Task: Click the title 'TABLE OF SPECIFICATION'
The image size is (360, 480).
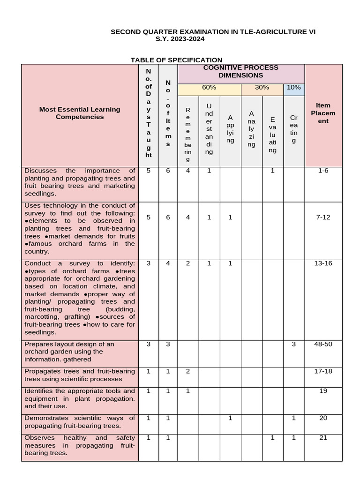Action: click(176, 60)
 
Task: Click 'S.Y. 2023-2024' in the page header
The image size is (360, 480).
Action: click(180, 39)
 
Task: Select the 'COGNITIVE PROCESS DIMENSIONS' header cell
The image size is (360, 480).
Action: click(240, 71)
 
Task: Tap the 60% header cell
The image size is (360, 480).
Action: click(209, 88)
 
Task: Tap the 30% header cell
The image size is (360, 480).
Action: click(262, 88)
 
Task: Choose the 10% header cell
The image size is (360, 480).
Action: click(294, 88)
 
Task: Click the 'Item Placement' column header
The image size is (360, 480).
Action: click(323, 113)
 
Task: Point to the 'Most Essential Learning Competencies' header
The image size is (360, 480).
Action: click(80, 113)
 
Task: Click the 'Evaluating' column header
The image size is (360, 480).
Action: click(273, 135)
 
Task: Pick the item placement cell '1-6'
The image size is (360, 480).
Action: click(323, 171)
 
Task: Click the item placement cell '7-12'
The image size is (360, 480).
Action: click(323, 217)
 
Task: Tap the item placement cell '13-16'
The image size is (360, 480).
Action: click(323, 263)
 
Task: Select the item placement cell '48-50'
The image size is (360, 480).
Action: click(323, 344)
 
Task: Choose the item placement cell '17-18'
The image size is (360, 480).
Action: click(323, 371)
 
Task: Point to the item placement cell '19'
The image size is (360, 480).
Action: click(323, 391)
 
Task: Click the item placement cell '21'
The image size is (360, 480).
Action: click(323, 438)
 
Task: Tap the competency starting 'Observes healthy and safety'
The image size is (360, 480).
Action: click(80, 445)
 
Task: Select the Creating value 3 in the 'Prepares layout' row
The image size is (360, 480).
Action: click(294, 344)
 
